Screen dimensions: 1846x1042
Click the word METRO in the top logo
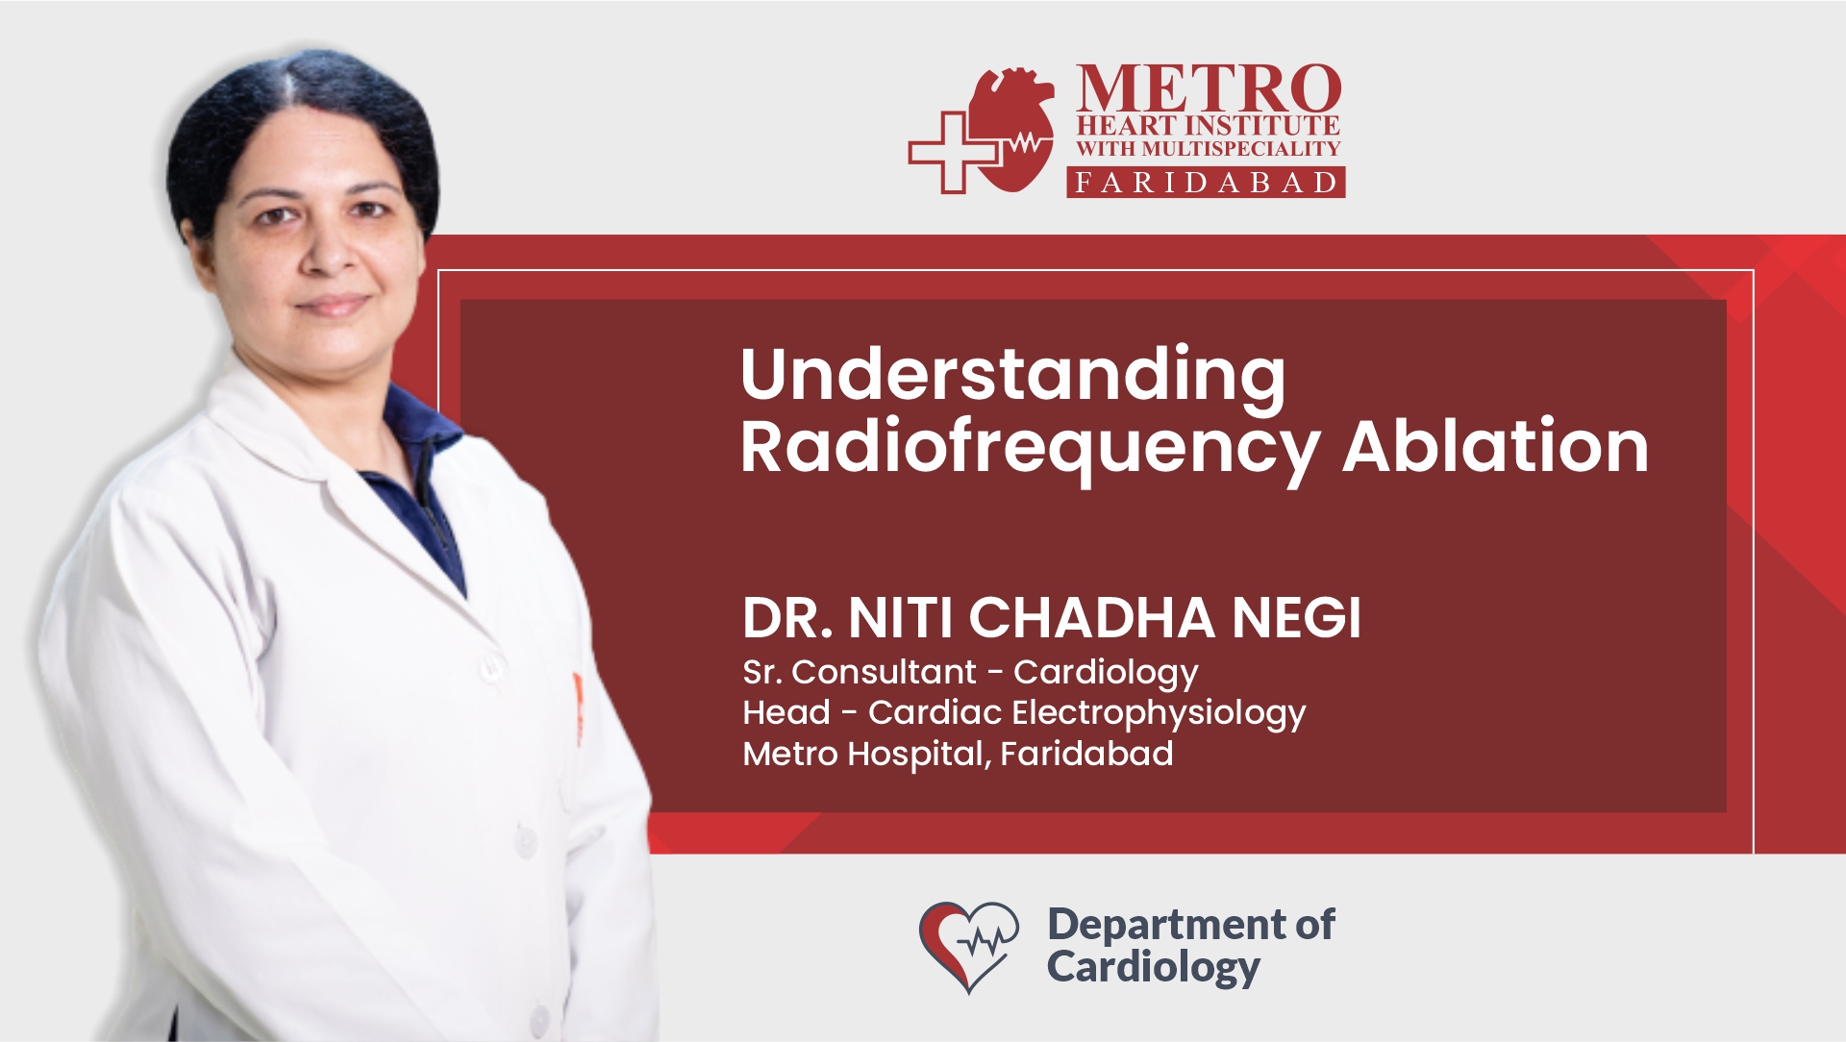coord(1209,89)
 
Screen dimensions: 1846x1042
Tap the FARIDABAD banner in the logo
coord(1206,183)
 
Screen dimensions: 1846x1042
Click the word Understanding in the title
coord(1013,377)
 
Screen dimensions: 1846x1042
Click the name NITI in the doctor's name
coord(903,617)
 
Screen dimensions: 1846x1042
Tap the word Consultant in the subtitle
coord(884,672)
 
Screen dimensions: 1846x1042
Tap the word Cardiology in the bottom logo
coord(1153,968)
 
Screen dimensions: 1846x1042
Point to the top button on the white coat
coord(493,665)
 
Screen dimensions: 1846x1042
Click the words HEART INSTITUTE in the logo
coord(1208,126)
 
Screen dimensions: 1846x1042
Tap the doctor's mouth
coord(333,305)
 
